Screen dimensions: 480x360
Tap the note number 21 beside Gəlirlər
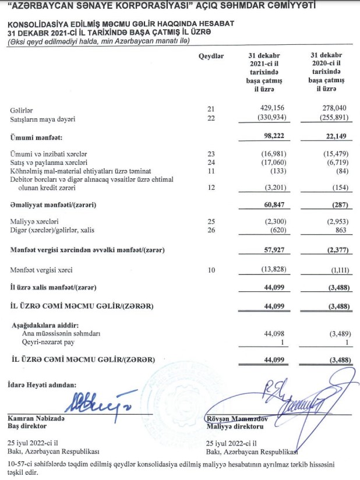[211, 109]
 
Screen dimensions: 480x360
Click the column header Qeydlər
[211, 56]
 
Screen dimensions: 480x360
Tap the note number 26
[211, 231]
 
